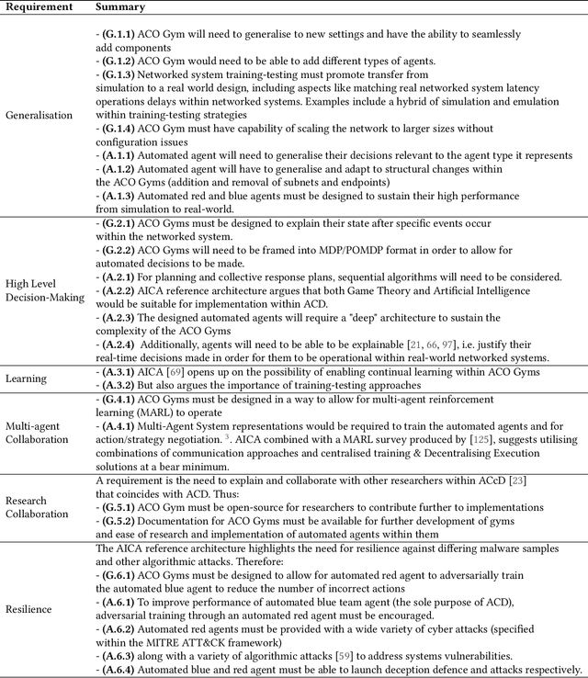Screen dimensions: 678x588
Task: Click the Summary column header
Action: [x=119, y=6]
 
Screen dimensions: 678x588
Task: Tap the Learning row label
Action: [x=27, y=378]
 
